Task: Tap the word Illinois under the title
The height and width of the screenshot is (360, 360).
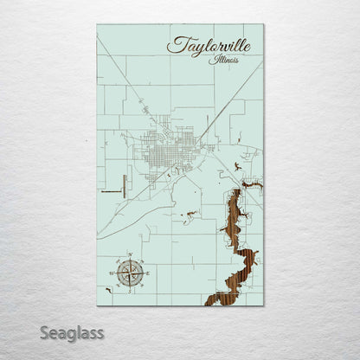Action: pyautogui.click(x=223, y=61)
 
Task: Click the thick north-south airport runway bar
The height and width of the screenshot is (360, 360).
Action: pyautogui.click(x=125, y=183)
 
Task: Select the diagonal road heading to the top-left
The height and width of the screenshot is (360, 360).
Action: pyautogui.click(x=121, y=87)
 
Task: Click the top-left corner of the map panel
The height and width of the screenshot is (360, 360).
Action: pyautogui.click(x=98, y=25)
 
